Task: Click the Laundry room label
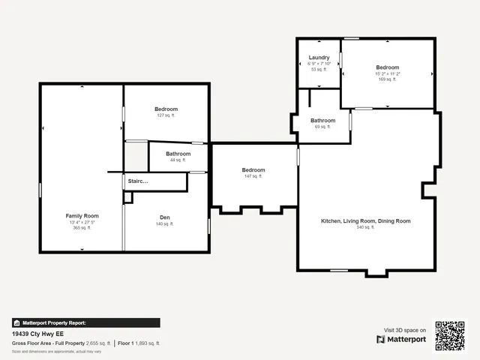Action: pos(319,57)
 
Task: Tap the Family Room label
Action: pos(82,216)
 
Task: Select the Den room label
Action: pos(165,217)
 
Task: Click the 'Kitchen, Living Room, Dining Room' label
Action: pos(366,221)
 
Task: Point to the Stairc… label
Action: pos(138,181)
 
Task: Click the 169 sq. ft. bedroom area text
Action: pos(387,79)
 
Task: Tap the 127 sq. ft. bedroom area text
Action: pos(166,115)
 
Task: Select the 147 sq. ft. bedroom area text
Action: pos(253,177)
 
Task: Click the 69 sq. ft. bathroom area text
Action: pos(322,127)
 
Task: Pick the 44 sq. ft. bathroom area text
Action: pos(178,160)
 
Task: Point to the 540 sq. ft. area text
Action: pos(365,227)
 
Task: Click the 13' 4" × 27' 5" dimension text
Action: pos(82,222)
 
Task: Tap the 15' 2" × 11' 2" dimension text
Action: pos(388,73)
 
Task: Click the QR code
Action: pos(450,335)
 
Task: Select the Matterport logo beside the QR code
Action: pos(401,339)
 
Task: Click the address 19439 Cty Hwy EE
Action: pos(37,333)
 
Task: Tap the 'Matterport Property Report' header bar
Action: pos(85,322)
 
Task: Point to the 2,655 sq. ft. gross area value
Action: pos(98,343)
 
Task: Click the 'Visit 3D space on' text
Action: pos(405,330)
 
